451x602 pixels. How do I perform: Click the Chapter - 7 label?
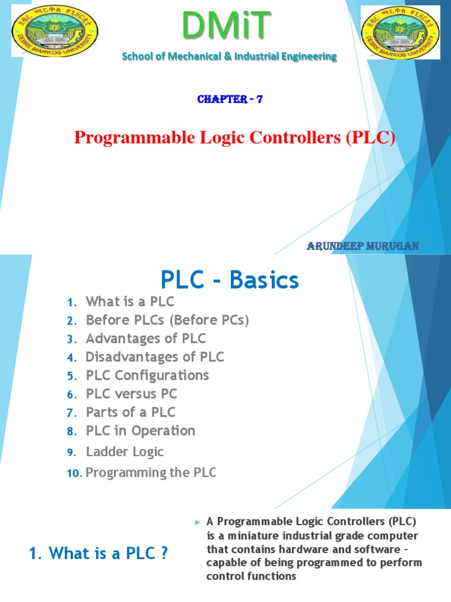[x=230, y=99]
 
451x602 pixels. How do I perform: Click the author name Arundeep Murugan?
[x=362, y=246]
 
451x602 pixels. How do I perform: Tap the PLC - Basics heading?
[x=230, y=280]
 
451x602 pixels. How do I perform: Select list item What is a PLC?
[x=130, y=302]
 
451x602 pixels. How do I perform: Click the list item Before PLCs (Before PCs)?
[x=167, y=320]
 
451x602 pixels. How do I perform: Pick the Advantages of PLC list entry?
[x=146, y=339]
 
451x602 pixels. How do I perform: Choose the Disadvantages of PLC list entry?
[x=154, y=357]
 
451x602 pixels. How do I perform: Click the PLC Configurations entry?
[x=147, y=375]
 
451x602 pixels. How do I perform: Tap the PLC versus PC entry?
[x=132, y=394]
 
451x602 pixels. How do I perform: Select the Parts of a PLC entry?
[x=130, y=412]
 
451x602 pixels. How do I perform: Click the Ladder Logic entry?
[x=124, y=451]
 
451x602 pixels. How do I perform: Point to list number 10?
[x=73, y=473]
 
